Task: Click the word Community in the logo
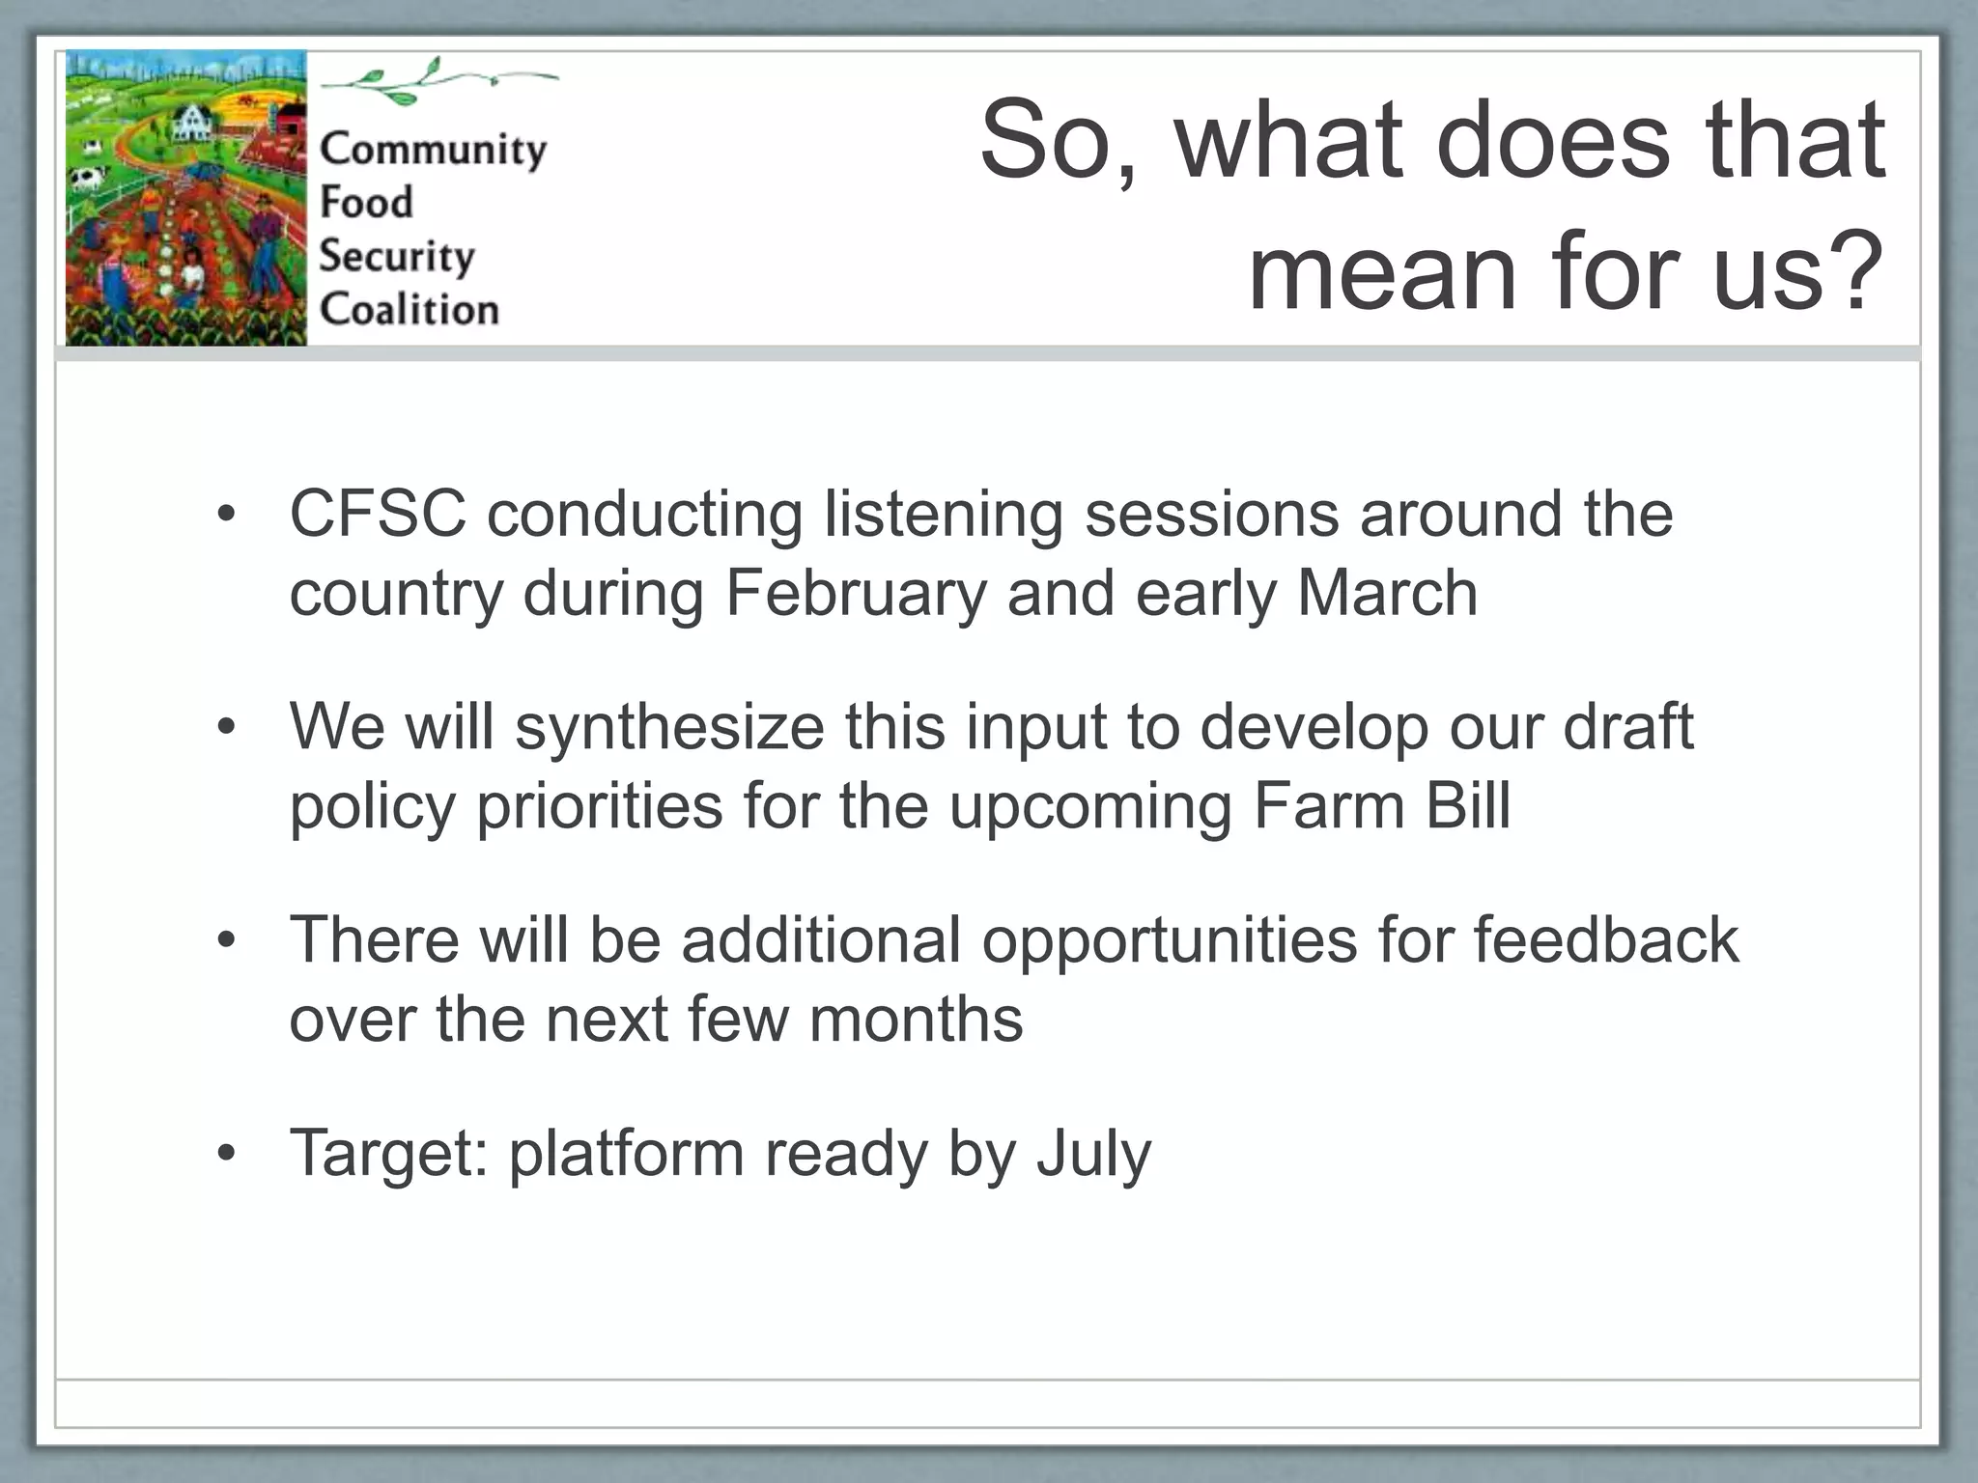click(433, 151)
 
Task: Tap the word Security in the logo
click(397, 257)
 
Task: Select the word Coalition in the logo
click(410, 309)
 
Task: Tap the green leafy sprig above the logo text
click(439, 79)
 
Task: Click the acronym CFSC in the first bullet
click(378, 513)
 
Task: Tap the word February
click(856, 595)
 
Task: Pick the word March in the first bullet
click(1387, 593)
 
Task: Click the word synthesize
click(669, 728)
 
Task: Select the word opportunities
click(1170, 941)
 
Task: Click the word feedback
click(1606, 939)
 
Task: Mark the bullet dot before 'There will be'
click(226, 940)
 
